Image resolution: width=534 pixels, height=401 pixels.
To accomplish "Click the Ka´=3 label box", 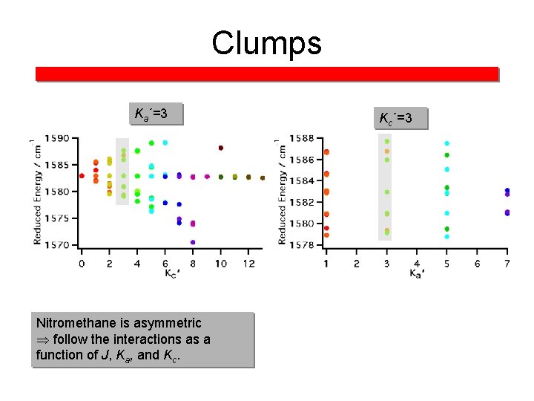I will tap(155, 114).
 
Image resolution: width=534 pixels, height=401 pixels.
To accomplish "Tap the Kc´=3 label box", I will tap(402, 117).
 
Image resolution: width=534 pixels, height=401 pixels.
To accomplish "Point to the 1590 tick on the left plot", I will tap(59, 138).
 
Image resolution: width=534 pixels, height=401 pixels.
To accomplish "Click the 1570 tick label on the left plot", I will tap(59, 245).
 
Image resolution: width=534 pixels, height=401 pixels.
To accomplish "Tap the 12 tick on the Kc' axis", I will tap(248, 263).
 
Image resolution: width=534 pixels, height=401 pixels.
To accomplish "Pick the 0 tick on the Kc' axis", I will tap(82, 263).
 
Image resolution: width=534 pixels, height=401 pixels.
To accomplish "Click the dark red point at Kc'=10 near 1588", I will tap(221, 148).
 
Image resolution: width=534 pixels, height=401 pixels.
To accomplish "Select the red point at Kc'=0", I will tap(82, 176).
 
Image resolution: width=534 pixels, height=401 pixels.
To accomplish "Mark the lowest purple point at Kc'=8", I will tap(193, 242).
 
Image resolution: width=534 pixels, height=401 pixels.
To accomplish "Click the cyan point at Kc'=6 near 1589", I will tap(165, 143).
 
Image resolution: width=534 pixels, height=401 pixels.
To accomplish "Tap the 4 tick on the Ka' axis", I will tap(417, 264).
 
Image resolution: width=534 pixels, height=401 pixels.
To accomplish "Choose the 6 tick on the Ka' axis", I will tap(477, 264).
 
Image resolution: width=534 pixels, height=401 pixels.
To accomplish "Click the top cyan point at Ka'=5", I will tap(446, 143).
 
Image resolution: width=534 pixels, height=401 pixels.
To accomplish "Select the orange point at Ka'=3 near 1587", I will tap(386, 151).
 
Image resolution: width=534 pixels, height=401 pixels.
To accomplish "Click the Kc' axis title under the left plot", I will tap(171, 273).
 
